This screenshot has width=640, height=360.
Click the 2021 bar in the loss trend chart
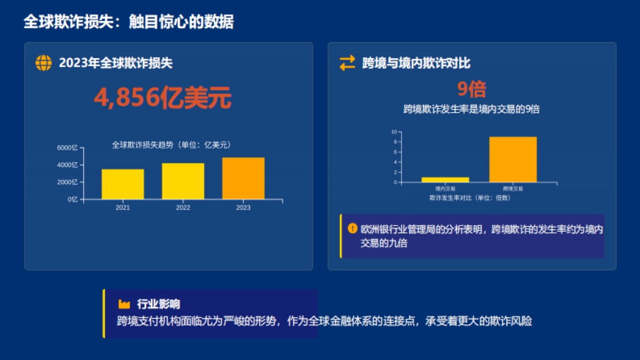coord(123,184)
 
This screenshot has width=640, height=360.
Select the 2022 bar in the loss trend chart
coord(183,181)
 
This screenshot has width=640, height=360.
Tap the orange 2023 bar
coord(243,178)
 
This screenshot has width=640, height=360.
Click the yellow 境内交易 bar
coord(445,180)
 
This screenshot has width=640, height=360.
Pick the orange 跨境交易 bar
coord(513,159)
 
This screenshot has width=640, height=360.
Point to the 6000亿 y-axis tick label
coord(68,148)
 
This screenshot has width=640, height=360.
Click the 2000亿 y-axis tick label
coord(68,182)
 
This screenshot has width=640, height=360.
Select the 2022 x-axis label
coord(183,207)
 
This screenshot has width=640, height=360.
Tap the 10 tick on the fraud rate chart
coord(394,132)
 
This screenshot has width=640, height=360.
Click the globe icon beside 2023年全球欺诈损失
coord(44,63)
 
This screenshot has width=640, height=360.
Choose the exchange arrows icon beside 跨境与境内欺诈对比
coord(347,63)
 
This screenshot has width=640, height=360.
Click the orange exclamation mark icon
coord(353,228)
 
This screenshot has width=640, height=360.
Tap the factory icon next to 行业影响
coord(124,304)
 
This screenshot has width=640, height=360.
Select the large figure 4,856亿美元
coord(163,98)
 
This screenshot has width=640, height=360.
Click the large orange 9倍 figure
coord(471,89)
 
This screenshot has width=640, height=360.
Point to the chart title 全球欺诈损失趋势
coord(171,145)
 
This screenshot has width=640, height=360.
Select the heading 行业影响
coord(158,304)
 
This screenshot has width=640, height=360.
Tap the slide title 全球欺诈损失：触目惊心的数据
coord(129,22)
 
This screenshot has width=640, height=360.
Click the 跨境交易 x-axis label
coord(513,189)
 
